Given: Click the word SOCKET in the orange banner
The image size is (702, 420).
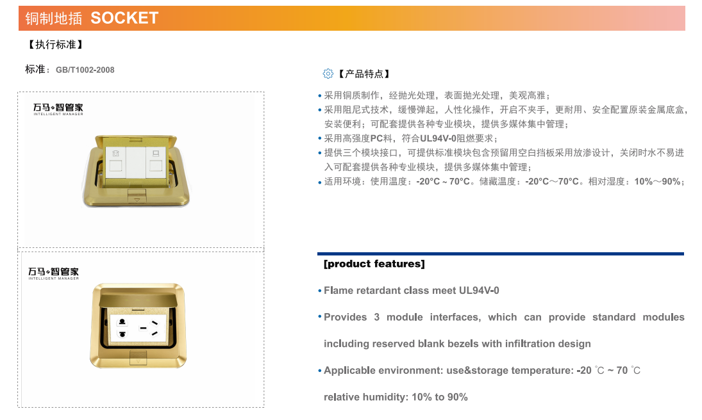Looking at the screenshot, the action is coord(124,18).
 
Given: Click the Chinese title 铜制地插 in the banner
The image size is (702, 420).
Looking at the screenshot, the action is coord(54,19).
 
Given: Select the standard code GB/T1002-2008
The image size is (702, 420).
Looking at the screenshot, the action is coord(85,70).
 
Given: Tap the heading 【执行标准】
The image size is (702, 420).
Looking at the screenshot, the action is coord(56,45).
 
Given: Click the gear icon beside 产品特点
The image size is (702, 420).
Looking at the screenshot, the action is coord(328,74).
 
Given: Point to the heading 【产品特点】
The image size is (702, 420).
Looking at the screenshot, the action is coord(364,74).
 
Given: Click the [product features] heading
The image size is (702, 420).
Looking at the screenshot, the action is coord(374,264).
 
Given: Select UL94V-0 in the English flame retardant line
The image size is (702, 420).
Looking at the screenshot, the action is coord(479,290).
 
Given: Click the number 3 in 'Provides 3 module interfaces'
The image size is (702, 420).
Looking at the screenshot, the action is coord(376,317).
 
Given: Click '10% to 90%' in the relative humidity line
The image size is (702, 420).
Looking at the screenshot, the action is coord(440,397).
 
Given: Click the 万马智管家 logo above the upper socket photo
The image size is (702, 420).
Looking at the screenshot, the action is coord(58,109).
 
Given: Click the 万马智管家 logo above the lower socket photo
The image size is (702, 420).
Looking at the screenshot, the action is coord(54,273).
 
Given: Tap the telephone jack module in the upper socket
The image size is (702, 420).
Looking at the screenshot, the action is coord(116,161).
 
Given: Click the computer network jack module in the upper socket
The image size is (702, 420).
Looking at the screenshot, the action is coord(156,161).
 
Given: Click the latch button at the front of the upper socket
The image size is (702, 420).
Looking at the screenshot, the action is coord(137,197).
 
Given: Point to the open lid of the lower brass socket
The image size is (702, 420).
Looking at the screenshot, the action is coord(138,298).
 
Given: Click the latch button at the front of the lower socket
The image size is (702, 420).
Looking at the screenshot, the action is coord(138,359).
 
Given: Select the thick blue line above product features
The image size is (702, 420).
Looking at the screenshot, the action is coord(501,254).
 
